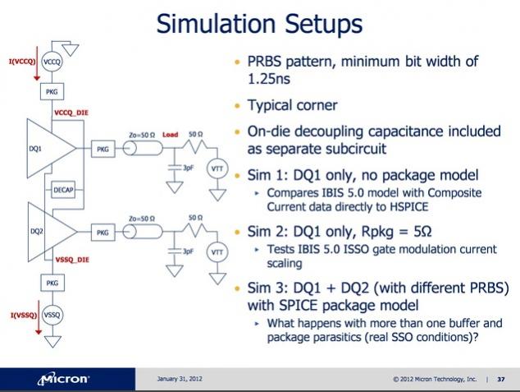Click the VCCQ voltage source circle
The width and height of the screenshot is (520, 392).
coord(52,62)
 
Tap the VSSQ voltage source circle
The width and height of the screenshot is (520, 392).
coord(52,315)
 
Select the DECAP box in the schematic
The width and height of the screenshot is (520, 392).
coord(63,190)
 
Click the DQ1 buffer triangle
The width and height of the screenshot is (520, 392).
coord(52,149)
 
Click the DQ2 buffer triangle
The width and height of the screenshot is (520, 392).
coord(52,232)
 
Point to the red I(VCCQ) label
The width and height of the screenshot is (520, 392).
coord(22,61)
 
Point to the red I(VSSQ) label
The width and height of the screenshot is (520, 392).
coord(24,315)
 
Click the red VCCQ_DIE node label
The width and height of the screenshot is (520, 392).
coord(71,113)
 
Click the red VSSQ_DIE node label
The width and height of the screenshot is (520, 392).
coord(72,260)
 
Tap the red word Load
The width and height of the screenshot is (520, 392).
coord(170,135)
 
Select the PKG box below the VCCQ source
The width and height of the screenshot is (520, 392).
coord(52,92)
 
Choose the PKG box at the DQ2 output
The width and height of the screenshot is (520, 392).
coord(103,233)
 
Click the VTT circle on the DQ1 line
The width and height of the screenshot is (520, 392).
coord(217,168)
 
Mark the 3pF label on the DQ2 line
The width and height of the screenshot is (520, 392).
coord(188,251)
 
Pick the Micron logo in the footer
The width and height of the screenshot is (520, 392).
coord(63,379)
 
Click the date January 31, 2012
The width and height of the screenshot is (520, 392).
coord(180,379)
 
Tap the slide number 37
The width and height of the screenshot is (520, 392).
coord(501,379)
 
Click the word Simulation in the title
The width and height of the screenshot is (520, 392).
coord(216,24)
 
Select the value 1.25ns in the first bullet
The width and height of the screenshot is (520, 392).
coord(269,79)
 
